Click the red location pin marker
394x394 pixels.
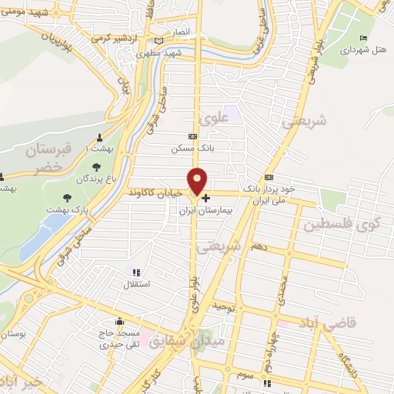click(x=198, y=180)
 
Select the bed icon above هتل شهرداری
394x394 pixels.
click(x=363, y=38)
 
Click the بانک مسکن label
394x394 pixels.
click(x=192, y=149)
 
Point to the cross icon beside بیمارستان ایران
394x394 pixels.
click(x=205, y=198)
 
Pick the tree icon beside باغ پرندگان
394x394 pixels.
click(x=95, y=166)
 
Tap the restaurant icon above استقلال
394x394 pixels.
click(x=136, y=272)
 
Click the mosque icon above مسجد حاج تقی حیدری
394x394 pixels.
click(x=119, y=322)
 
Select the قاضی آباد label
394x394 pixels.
click(x=352, y=324)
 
